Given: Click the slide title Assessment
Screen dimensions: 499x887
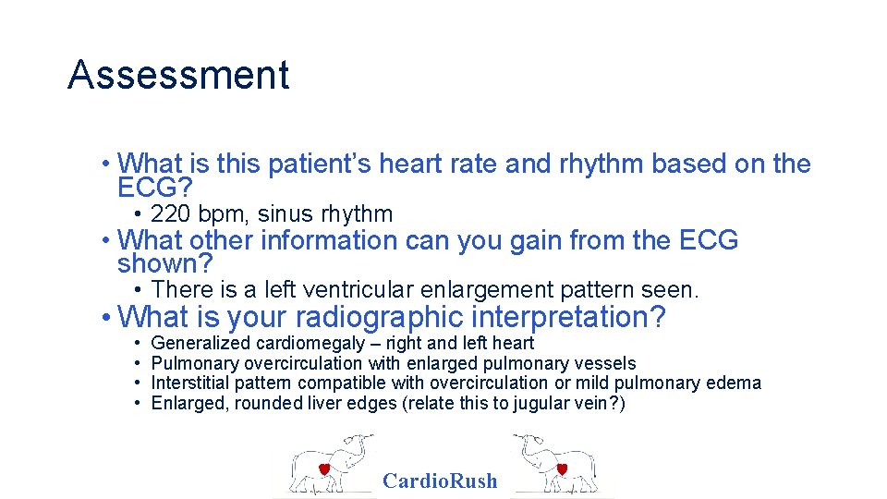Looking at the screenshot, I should (x=178, y=75).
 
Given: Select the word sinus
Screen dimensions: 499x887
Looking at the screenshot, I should (x=286, y=214).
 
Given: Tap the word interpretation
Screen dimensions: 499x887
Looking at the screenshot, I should (x=567, y=318).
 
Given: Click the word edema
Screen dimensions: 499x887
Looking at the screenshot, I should (x=738, y=383).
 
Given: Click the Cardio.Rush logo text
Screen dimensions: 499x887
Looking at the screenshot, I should (x=440, y=481).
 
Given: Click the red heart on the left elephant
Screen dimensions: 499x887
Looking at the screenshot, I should (x=324, y=469).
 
